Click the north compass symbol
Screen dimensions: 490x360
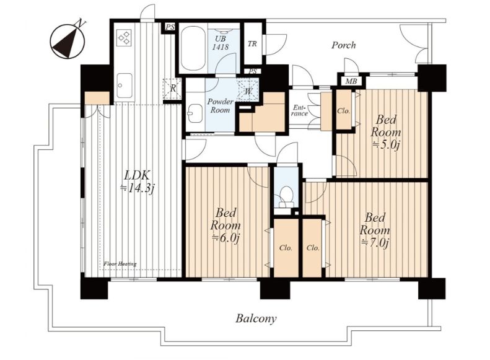68,41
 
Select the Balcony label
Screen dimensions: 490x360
256,318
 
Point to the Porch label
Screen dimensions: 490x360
343,45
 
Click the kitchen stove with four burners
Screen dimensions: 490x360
124,37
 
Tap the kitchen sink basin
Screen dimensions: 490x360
124,85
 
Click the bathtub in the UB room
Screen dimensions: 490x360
193,49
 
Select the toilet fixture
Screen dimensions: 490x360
286,198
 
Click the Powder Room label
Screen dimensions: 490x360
221,106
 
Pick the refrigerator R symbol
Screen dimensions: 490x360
172,88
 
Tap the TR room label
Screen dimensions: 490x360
253,44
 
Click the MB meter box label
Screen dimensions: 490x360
351,82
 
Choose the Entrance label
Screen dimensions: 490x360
299,111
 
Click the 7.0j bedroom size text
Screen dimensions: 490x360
375,242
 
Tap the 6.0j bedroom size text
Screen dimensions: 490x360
225,238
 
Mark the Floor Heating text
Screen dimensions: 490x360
120,264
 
